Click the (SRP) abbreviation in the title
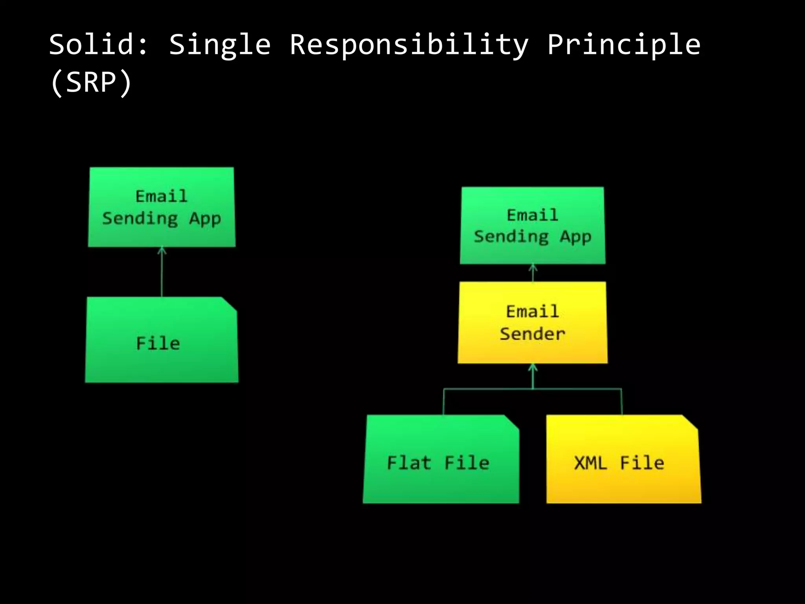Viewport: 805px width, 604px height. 91,83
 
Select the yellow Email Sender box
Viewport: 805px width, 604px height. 533,322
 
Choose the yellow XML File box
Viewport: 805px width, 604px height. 623,460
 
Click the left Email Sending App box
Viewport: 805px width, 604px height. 162,207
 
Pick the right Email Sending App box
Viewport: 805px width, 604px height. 533,225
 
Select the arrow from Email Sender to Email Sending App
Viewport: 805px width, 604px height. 533,273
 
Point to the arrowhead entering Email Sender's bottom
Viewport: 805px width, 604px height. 533,368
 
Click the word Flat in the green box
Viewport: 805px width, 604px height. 409,463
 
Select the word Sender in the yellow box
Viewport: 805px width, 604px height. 532,334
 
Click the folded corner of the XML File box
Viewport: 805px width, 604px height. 691,422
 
